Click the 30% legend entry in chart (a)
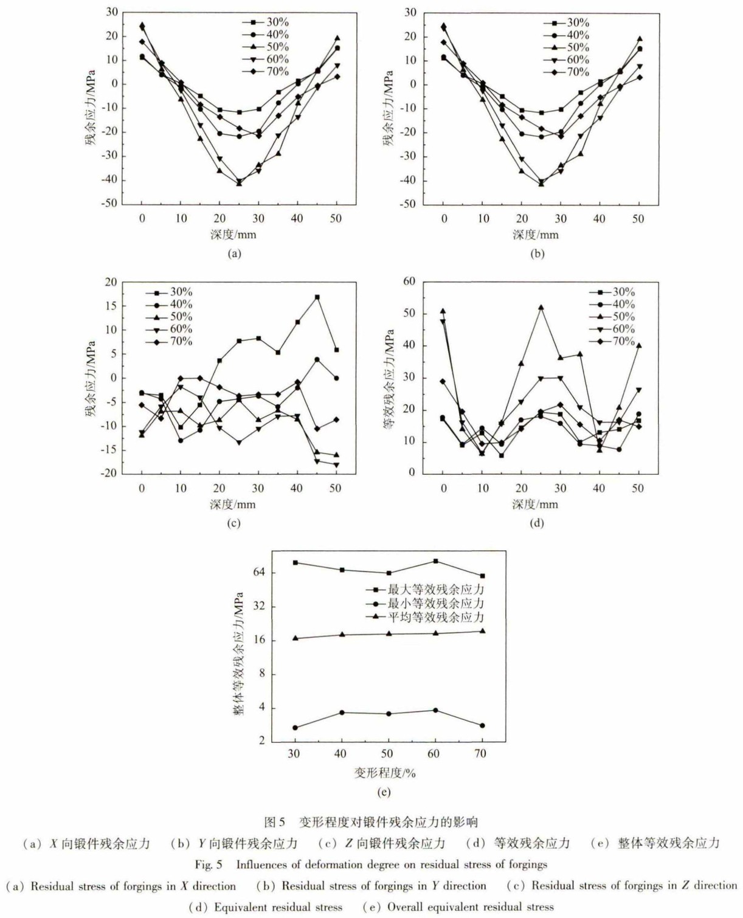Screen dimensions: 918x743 (266, 22)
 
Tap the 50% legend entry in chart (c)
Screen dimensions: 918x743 (170, 317)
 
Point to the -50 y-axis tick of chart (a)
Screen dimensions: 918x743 (109, 204)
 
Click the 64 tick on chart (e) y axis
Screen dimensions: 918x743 (260, 572)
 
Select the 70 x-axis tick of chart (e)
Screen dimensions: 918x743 (482, 754)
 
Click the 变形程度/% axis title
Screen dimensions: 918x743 (385, 773)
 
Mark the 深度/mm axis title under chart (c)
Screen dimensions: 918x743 (233, 505)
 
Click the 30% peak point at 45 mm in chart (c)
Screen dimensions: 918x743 (317, 297)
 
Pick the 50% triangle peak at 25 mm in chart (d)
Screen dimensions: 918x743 (541, 308)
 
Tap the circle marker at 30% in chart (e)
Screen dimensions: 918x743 (295, 728)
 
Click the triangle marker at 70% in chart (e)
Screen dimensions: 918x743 (482, 631)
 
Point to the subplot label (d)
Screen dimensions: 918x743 (536, 523)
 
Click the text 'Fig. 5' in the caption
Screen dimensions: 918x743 (209, 864)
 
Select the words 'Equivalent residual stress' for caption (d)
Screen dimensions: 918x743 (278, 907)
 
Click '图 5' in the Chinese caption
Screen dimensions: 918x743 (274, 822)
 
